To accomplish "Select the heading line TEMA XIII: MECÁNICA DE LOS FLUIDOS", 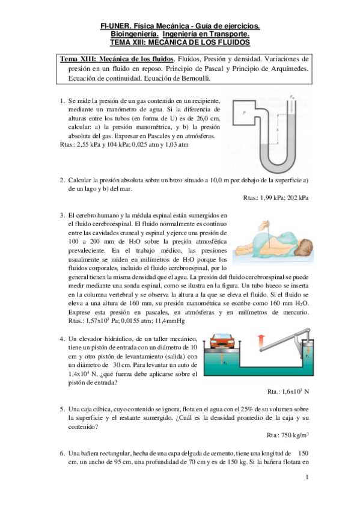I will tap(180, 43).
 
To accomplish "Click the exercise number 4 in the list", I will tap(63, 339).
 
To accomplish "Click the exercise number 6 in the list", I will tap(63, 453).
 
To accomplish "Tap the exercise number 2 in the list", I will tap(63, 180).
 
